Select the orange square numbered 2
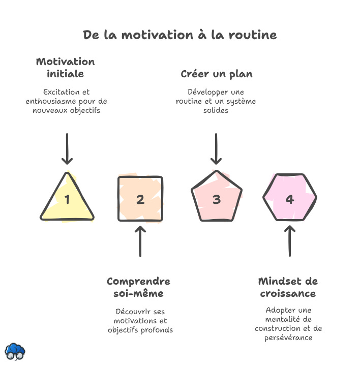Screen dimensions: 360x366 140,199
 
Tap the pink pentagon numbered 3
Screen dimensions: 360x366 217,199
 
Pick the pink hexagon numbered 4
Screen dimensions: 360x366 290,198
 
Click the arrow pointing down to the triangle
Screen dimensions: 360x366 67,149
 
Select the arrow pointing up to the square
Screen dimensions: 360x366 140,241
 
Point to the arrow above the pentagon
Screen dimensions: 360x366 217,149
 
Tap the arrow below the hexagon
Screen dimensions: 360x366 290,241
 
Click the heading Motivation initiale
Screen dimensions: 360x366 65,68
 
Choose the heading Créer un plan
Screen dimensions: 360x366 217,74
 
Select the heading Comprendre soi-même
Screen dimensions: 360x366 138,287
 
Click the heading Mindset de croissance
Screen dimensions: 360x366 288,287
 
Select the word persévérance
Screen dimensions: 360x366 288,338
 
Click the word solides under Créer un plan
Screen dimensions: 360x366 216,110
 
